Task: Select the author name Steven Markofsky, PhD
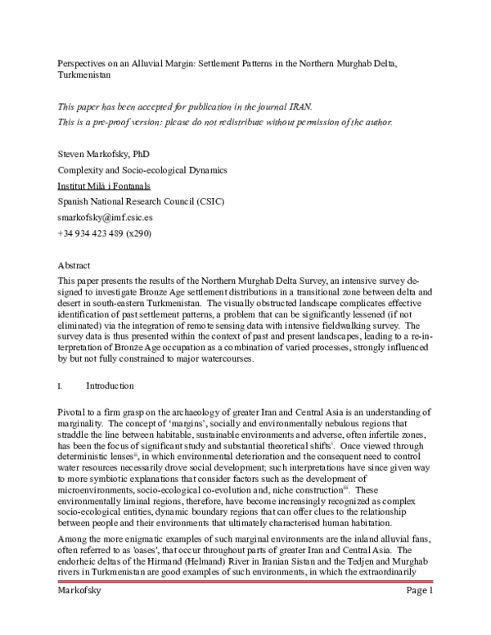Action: point(103,154)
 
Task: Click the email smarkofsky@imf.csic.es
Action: point(101,218)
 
